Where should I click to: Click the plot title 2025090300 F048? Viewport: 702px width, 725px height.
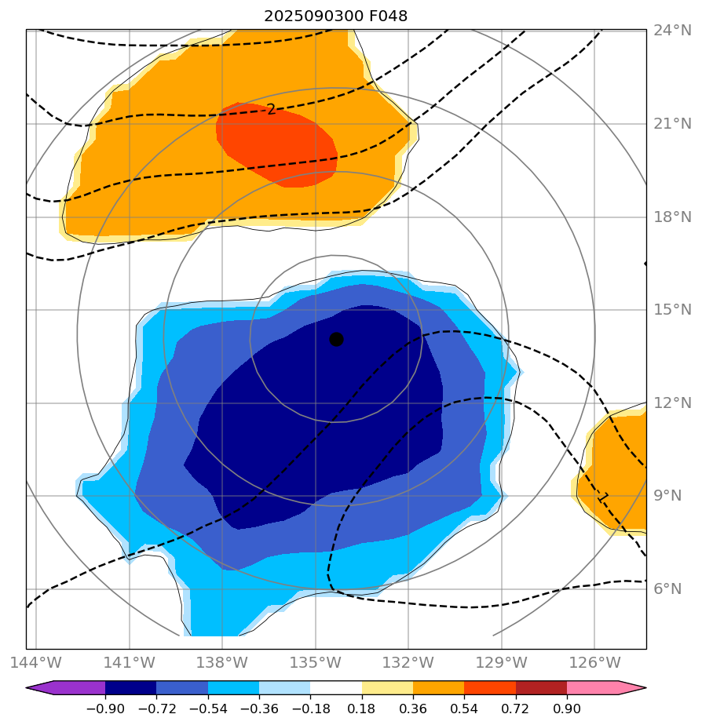click(335, 16)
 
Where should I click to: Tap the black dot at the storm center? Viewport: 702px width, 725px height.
click(336, 339)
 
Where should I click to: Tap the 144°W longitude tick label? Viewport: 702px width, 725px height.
click(36, 661)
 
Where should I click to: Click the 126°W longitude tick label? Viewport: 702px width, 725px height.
click(594, 661)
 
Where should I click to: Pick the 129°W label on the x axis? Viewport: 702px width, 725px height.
click(502, 661)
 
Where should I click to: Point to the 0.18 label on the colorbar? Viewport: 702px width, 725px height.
click(362, 709)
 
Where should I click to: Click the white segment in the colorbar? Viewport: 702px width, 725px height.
click(336, 688)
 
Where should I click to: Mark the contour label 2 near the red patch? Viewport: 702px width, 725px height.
click(271, 110)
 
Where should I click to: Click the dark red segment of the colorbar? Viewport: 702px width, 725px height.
click(541, 688)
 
